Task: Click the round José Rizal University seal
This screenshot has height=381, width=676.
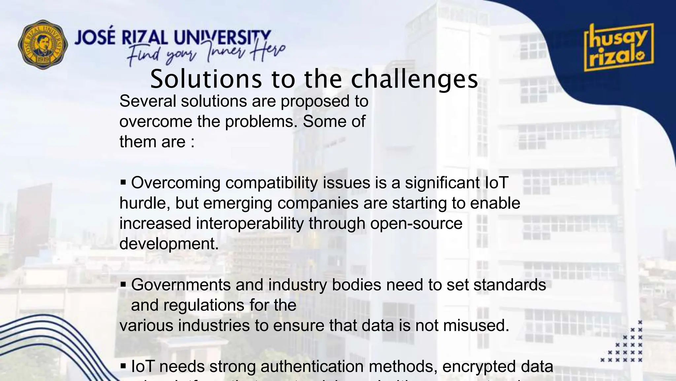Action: point(43,44)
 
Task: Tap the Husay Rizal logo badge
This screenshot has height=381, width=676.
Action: point(618,47)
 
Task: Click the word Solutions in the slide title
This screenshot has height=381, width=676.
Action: point(206,79)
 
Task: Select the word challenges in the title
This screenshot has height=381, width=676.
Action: point(414,80)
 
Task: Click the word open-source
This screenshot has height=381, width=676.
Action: point(416,223)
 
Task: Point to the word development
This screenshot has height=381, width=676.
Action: point(169,244)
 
